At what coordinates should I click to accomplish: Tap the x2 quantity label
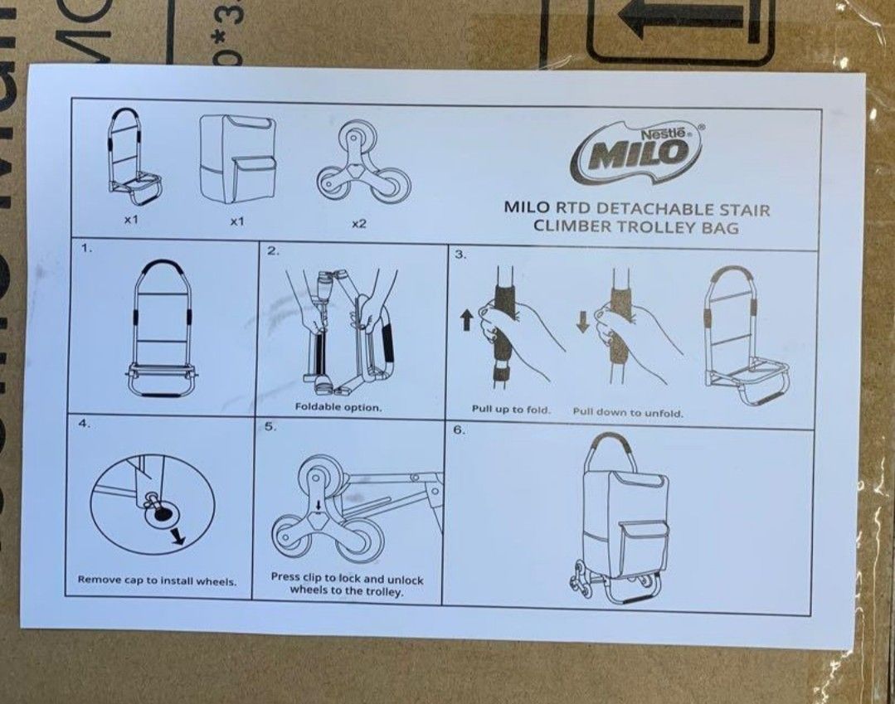pos(358,224)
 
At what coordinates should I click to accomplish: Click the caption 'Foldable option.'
pos(338,407)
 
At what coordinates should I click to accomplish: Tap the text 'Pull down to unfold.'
pos(628,412)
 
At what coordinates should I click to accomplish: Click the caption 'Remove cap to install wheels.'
pos(158,580)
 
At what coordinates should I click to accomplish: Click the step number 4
pos(84,423)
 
